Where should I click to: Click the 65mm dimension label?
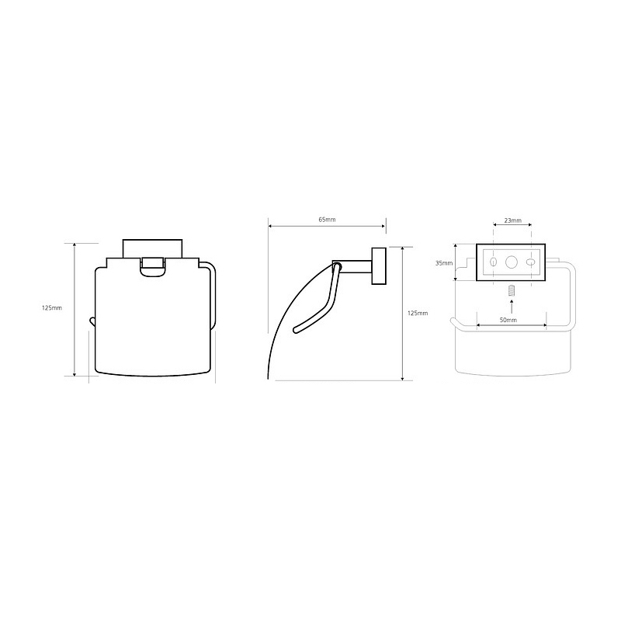coord(327,220)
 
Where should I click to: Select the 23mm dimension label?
coord(513,220)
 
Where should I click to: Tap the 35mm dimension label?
coord(443,263)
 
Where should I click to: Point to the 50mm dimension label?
coord(508,320)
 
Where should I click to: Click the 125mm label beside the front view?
coord(52,307)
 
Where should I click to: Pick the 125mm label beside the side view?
coord(418,314)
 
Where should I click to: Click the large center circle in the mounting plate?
coord(512,262)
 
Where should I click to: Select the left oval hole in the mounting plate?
coord(494,262)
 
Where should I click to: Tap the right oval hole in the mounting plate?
coord(530,262)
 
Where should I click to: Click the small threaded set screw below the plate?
coord(512,290)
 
